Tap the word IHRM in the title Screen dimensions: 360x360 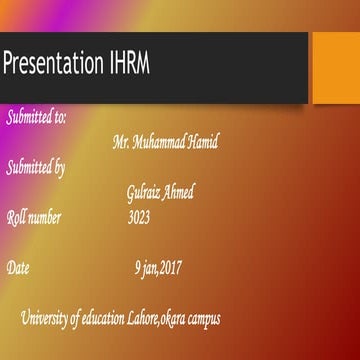pyautogui.click(x=128, y=67)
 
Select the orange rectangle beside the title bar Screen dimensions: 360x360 pyautogui.click(x=335, y=67)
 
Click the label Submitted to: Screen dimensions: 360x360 pyautogui.click(x=37, y=118)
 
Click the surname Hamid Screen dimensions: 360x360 pyautogui.click(x=203, y=143)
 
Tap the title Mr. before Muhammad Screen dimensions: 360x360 pyautogui.click(x=122, y=143)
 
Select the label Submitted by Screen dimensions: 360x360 pyautogui.click(x=36, y=168)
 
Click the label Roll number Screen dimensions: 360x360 pyautogui.click(x=34, y=217)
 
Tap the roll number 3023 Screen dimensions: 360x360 pyautogui.click(x=139, y=217)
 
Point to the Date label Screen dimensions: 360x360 pyautogui.click(x=19, y=268)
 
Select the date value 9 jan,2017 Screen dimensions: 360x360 pyautogui.click(x=158, y=268)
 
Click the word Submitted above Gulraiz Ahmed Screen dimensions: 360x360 pyautogui.click(x=29, y=168)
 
